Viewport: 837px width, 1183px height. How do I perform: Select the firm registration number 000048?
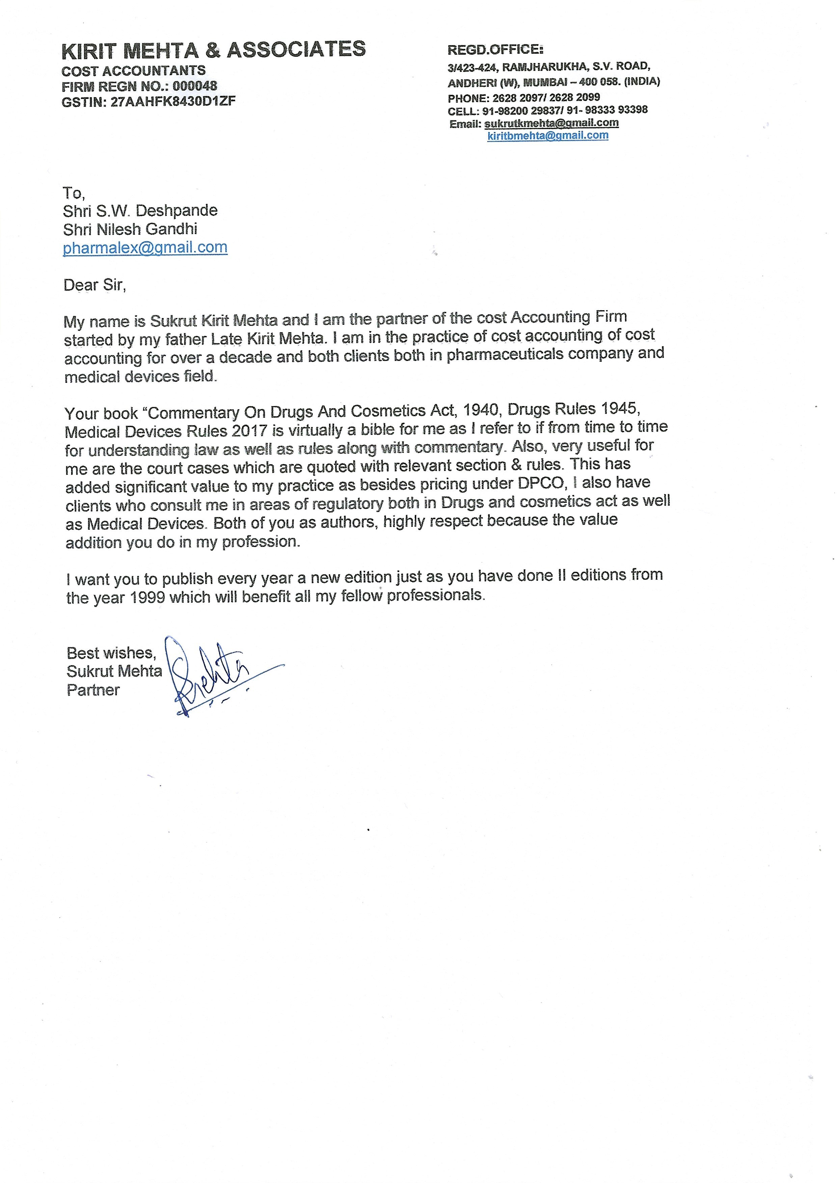pos(195,86)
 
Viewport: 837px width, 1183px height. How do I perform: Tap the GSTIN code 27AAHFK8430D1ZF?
pos(173,102)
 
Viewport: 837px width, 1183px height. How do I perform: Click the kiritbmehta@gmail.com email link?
pos(547,136)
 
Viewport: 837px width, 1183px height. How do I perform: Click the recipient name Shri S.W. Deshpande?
pos(140,211)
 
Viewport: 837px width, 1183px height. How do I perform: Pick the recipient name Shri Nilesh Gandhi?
pos(130,229)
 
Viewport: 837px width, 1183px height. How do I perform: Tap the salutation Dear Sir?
pos(94,285)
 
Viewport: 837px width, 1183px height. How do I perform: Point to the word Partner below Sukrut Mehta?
pos(93,690)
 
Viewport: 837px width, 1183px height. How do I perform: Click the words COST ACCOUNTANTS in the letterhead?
pos(134,71)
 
